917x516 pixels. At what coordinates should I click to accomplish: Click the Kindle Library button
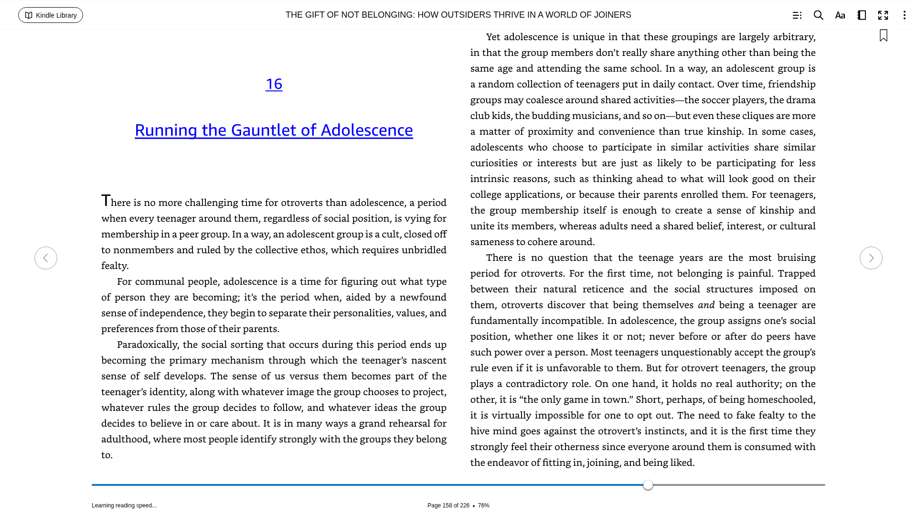[51, 15]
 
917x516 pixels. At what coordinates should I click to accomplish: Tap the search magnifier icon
[819, 15]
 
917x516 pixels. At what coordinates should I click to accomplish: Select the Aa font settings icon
[840, 15]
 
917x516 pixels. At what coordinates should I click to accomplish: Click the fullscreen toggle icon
[883, 15]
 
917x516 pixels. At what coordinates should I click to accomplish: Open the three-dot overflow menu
[904, 15]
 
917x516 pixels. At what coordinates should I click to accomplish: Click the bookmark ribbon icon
[884, 36]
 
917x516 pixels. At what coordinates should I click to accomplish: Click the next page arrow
[871, 258]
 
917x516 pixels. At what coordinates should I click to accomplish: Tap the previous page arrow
[46, 258]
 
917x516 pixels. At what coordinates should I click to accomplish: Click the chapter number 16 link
[274, 84]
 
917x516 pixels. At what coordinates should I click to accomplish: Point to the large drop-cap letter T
[106, 201]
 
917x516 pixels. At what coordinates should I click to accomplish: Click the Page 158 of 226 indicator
[448, 505]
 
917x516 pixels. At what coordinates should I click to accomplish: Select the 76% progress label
[483, 505]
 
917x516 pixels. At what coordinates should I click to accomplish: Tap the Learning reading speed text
[124, 505]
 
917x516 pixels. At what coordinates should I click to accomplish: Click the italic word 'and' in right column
[706, 305]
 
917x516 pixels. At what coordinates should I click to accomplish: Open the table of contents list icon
[797, 15]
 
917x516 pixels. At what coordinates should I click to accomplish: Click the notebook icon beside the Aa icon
[862, 15]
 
